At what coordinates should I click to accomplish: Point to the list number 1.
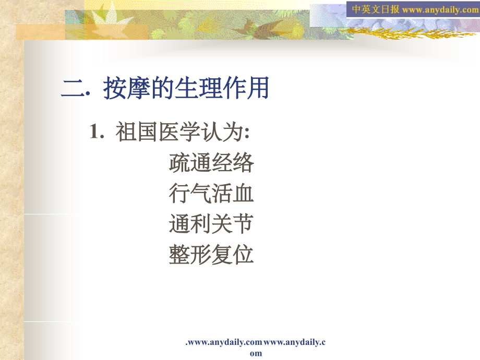[96, 132]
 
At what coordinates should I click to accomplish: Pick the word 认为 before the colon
[222, 132]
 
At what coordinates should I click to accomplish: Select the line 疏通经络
[211, 163]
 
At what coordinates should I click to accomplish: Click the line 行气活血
[211, 194]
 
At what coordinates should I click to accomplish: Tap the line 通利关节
[211, 224]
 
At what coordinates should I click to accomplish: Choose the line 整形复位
[211, 255]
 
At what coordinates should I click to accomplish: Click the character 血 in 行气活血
[244, 194]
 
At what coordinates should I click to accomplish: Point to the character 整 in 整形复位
[179, 255]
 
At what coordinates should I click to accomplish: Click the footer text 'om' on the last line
[256, 353]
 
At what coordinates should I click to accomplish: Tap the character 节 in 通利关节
[244, 224]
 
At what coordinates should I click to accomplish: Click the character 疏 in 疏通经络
[179, 163]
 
